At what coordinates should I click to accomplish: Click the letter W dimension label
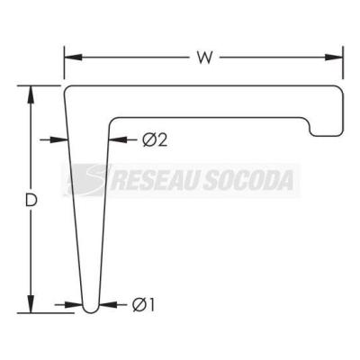[x=205, y=58]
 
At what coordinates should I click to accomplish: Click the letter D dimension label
[x=31, y=200]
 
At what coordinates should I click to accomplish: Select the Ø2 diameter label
[x=155, y=139]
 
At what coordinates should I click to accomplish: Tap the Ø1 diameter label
[x=143, y=305]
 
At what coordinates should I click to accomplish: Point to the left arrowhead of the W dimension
[x=73, y=58]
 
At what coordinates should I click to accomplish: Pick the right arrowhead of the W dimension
[x=334, y=58]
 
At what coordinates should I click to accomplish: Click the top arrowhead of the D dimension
[x=31, y=94]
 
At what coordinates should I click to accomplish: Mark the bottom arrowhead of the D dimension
[x=31, y=304]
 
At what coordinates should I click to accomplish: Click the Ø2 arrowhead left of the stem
[x=59, y=139]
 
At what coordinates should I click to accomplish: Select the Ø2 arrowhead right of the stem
[x=117, y=139]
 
